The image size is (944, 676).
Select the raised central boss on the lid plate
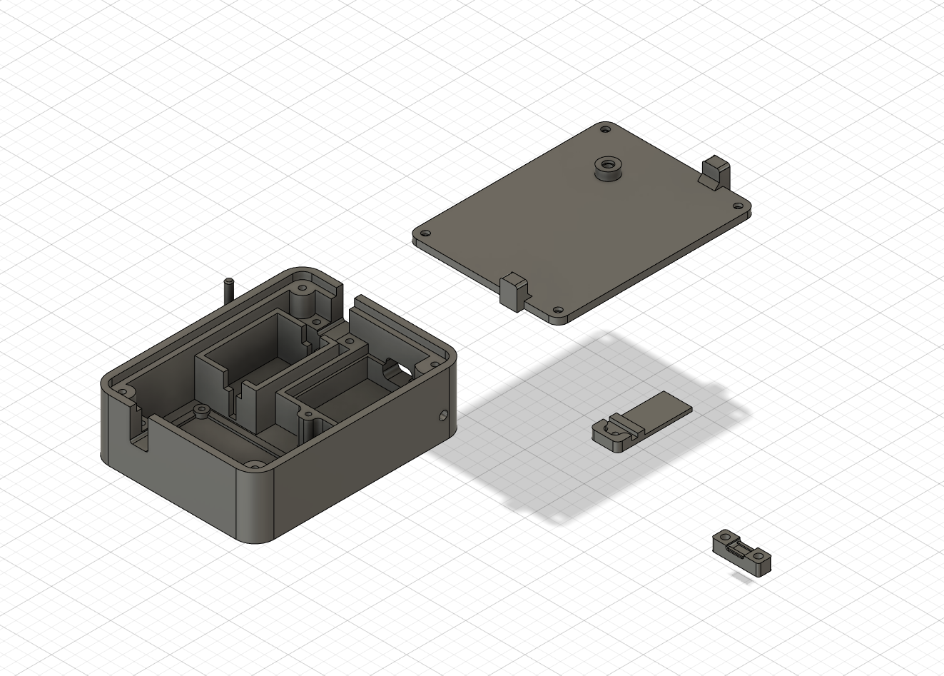coord(607,168)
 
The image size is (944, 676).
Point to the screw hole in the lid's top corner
coord(606,130)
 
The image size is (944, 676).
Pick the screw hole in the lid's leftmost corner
coord(425,233)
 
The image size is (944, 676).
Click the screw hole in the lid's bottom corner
coord(555,311)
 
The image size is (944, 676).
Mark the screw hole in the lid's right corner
coord(738,206)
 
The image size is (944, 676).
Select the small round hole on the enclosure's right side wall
coord(445,414)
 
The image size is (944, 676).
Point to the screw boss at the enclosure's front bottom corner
coord(253,465)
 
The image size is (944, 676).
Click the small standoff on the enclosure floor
coord(201,410)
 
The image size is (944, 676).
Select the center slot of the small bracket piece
coord(742,547)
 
